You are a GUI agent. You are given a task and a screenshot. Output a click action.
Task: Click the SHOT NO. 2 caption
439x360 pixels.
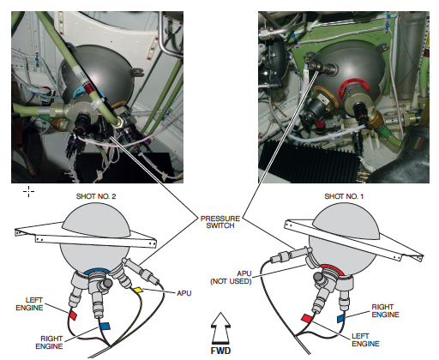[x=96, y=196]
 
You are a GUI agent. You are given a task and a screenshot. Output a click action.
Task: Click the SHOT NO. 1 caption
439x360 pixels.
[x=344, y=196]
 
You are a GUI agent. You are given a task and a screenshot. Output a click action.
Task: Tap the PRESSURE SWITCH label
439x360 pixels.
[x=220, y=222]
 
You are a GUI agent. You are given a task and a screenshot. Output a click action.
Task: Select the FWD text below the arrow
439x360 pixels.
[x=220, y=351]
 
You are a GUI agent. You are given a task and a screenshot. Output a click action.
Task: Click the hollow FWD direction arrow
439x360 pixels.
[x=220, y=328]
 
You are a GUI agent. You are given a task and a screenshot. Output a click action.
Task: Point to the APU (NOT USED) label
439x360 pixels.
[x=231, y=278]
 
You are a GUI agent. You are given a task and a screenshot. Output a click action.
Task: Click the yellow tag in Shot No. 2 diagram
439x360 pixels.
[x=138, y=290]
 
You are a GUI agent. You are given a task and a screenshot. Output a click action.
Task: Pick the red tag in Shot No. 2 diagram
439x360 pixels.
[x=74, y=315]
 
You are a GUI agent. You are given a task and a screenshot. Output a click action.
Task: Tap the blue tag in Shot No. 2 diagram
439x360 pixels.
[x=105, y=326]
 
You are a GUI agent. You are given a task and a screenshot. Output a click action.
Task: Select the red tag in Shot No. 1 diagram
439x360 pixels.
[x=307, y=318]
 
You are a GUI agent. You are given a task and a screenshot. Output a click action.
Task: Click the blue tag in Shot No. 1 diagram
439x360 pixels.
[x=340, y=319]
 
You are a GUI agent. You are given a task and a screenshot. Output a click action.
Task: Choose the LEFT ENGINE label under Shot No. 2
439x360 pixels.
[x=29, y=303]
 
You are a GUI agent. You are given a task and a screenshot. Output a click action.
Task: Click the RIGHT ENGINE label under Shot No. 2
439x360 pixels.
[x=49, y=342]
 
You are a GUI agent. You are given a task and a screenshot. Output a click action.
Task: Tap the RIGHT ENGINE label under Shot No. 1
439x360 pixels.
[x=385, y=310]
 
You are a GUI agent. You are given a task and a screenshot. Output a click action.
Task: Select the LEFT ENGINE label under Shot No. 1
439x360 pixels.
[x=365, y=339]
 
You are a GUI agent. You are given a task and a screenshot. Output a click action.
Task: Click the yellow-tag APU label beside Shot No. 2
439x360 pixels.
[x=184, y=293]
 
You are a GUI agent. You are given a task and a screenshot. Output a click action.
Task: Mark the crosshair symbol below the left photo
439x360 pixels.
[x=28, y=191]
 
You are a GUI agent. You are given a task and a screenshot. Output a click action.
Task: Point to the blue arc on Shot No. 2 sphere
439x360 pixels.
[x=97, y=270]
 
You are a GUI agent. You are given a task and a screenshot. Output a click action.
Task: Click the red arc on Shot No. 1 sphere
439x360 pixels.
[x=333, y=267]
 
